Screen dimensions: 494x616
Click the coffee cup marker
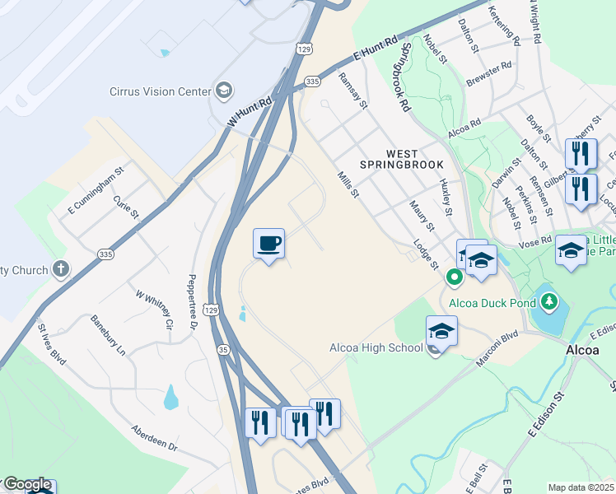268,244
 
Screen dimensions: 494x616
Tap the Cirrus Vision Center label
161,91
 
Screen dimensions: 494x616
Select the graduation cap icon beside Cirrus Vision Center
223,90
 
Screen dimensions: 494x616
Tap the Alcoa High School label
376,347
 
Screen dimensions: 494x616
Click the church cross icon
60,268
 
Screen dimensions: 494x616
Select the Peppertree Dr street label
194,302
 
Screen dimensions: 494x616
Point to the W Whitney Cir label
155,309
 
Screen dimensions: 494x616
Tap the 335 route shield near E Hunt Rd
312,82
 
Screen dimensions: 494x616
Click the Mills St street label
348,184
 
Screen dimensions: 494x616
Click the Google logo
27,484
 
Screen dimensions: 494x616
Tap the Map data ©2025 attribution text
581,487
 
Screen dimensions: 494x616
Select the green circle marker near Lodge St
454,277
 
